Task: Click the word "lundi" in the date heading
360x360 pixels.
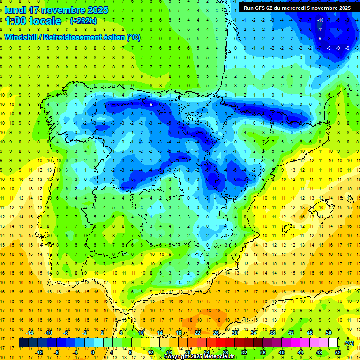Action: coord(16,10)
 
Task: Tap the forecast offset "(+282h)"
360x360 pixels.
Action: coord(83,21)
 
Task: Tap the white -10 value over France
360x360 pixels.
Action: coord(320,20)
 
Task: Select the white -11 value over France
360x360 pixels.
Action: coord(320,30)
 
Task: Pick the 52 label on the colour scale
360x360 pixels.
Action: coord(338,352)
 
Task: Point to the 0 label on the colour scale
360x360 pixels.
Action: coord(93,352)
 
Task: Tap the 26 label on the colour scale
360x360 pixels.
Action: coord(216,333)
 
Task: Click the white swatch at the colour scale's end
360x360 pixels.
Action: coord(333,343)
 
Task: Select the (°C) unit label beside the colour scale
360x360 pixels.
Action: coord(349,343)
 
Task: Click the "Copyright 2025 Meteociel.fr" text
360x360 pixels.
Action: coord(200,357)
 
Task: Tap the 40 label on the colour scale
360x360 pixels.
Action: coord(282,352)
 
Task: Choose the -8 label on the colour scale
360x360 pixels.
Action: coord(56,352)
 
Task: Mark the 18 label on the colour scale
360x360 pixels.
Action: coord(179,333)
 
